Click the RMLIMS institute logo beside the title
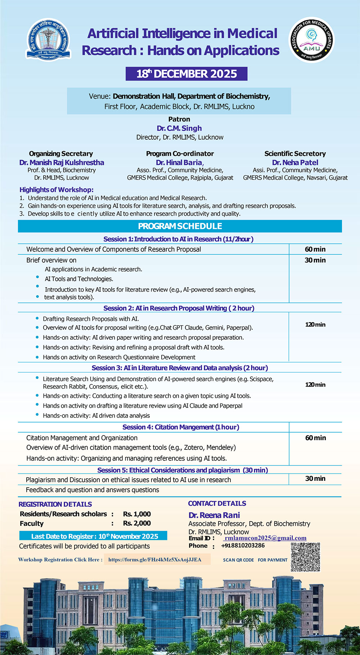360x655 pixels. point(48,40)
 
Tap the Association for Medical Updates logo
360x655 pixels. point(311,40)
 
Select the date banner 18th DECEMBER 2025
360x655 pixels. point(186,74)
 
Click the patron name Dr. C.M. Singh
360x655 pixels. point(179,128)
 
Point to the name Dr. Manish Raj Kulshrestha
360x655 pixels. point(62,162)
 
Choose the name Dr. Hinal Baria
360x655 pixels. point(180,162)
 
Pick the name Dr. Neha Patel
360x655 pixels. point(295,162)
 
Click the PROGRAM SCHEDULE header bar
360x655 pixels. point(180,226)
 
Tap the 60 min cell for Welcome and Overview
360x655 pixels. point(315,249)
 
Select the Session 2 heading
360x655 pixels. point(179,308)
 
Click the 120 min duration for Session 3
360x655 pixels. point(315,384)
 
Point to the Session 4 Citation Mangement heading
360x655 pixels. point(181,427)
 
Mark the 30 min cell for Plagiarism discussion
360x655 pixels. point(315,478)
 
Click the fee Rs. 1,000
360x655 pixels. point(137,514)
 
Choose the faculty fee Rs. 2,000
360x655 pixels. point(137,523)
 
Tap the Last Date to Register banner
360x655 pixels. point(93,536)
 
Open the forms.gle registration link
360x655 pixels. point(155,560)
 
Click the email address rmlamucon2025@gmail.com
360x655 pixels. point(265,538)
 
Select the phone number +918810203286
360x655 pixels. point(243,546)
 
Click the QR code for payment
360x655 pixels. point(305,557)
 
